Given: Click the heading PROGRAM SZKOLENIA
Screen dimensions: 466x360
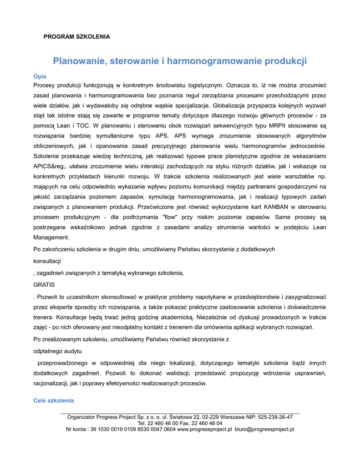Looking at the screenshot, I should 76,36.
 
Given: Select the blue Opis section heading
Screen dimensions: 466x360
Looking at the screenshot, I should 40,76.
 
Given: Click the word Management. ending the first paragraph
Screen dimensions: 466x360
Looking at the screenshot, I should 51,237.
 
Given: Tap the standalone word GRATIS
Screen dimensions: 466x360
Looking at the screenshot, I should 44,285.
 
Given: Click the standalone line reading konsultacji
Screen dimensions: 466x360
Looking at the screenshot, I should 47,261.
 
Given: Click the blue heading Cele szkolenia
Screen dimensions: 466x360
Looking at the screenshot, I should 54,400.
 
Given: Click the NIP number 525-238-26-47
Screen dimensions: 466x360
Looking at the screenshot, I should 275,417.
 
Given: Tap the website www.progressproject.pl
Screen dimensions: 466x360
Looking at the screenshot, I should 204,429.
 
